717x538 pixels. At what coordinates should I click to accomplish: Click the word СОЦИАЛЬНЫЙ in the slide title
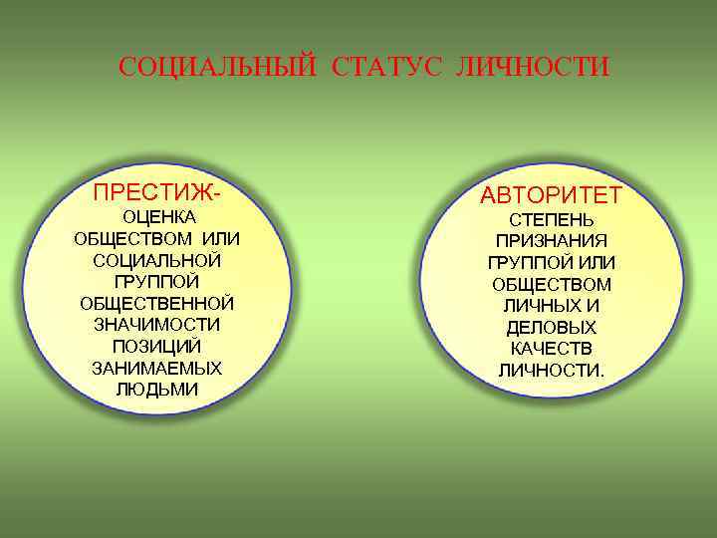[217, 68]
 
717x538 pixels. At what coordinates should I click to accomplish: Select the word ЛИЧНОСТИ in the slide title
[532, 68]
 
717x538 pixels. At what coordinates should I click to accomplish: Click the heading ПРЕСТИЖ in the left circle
[152, 189]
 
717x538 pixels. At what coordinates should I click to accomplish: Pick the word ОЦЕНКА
[157, 216]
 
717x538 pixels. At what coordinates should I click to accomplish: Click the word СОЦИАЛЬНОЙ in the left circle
[156, 259]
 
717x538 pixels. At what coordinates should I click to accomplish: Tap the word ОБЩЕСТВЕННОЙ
[156, 303]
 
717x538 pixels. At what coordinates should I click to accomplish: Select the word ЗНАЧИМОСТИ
[156, 324]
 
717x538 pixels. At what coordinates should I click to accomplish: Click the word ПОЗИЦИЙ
[156, 346]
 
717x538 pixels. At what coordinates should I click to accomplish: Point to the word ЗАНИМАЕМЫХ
[156, 368]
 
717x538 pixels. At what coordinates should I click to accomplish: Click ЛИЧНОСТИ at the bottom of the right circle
[550, 371]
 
